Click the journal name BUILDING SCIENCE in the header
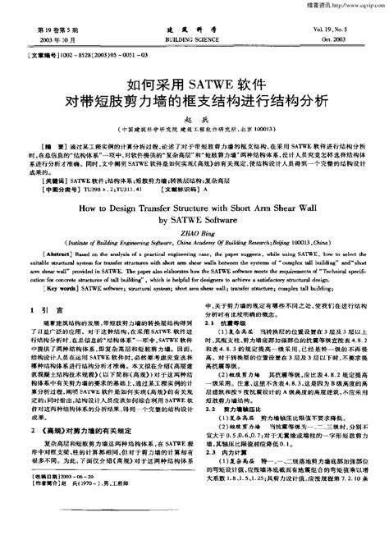(192, 39)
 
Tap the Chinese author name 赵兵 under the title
(194, 119)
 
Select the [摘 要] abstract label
(38, 144)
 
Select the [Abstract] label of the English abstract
(39, 256)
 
